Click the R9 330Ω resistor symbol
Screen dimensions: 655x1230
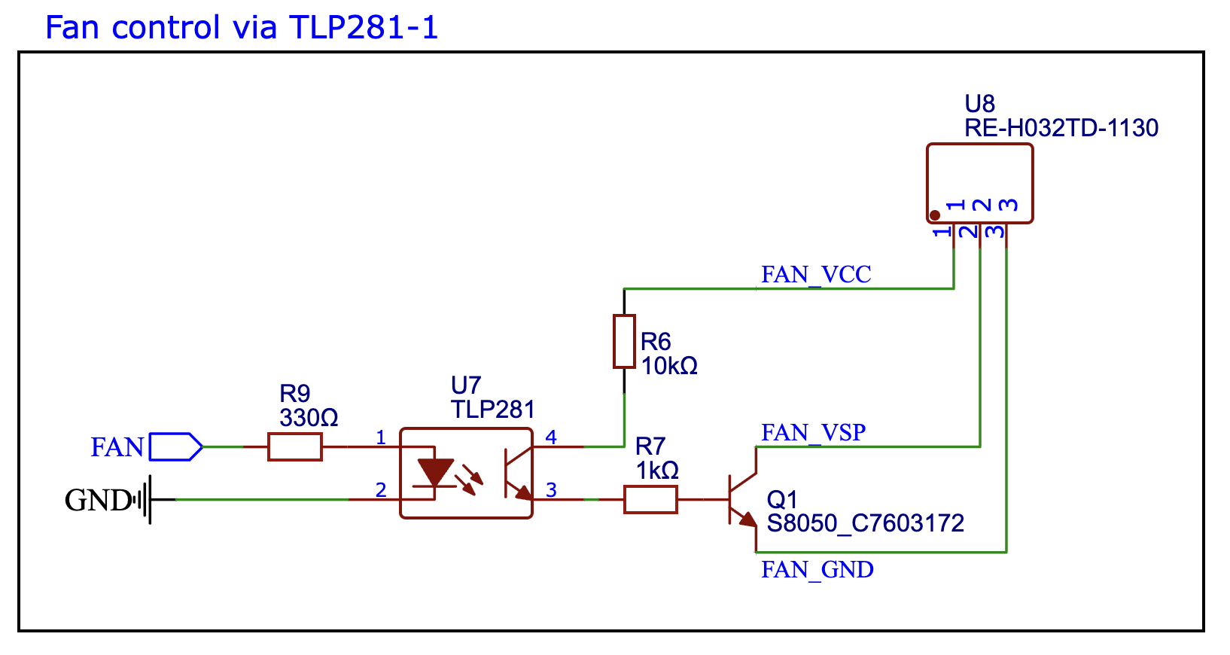(295, 446)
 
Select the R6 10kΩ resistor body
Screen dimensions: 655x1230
(624, 341)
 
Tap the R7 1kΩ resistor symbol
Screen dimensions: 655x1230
(650, 499)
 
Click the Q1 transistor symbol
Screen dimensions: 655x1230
(741, 500)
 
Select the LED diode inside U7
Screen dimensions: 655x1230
(435, 474)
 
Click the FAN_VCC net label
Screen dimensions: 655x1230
(816, 275)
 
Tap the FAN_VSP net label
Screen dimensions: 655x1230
(813, 433)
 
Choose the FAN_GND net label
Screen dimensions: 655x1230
(817, 570)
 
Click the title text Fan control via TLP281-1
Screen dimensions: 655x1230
(241, 28)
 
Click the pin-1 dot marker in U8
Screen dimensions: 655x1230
(935, 215)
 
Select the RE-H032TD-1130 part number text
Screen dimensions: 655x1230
(1061, 128)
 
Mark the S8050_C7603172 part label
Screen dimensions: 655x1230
(866, 523)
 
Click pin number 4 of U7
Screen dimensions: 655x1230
(551, 437)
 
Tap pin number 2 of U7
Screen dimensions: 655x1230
(381, 490)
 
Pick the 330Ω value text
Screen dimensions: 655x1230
(309, 418)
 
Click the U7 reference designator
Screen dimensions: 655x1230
(465, 385)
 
